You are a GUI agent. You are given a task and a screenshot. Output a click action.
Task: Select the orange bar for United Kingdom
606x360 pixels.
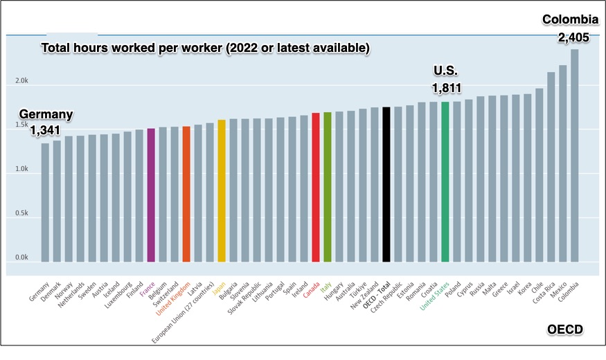pos(186,195)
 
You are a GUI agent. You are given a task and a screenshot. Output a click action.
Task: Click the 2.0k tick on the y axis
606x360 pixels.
pos(22,81)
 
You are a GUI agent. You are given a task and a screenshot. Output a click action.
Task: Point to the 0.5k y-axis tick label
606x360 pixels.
pos(22,213)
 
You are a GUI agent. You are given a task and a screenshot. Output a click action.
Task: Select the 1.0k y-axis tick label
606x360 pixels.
pos(22,169)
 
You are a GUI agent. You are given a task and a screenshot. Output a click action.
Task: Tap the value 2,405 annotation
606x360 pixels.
pos(573,37)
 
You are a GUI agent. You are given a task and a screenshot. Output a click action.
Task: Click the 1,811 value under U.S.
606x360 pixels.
pos(446,88)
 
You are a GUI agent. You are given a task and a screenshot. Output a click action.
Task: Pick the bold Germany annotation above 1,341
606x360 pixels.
pos(46,114)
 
